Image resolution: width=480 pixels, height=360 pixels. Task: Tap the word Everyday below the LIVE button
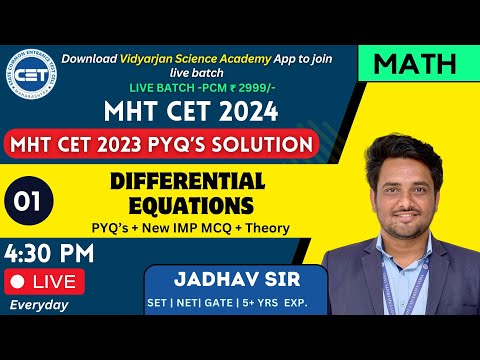[x=38, y=306]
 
